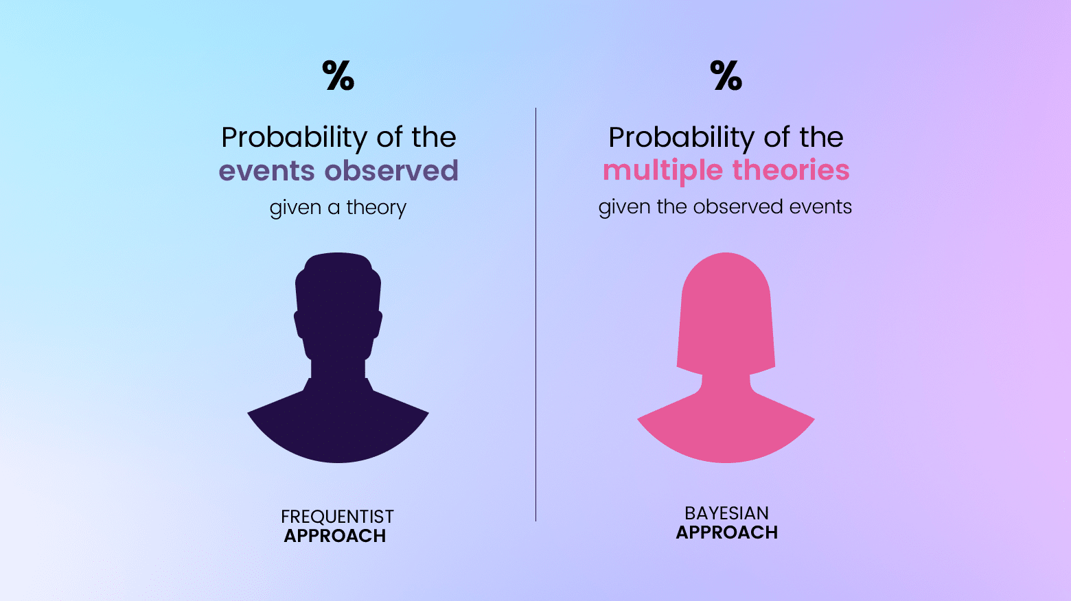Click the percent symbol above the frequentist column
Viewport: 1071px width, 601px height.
click(338, 75)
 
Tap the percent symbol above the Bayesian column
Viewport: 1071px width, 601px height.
click(726, 75)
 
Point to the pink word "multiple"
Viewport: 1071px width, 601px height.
click(663, 170)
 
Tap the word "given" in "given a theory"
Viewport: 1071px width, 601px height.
click(295, 207)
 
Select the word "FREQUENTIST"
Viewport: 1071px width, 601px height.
click(337, 516)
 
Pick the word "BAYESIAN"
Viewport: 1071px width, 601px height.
click(726, 512)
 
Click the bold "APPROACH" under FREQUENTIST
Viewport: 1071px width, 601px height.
click(335, 536)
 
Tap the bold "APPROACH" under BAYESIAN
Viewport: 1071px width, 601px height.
click(726, 532)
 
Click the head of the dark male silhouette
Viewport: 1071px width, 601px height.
click(338, 302)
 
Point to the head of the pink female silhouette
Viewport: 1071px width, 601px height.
click(726, 302)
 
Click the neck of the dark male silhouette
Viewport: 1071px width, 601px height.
click(338, 369)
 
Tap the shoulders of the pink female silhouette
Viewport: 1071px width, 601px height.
click(726, 425)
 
